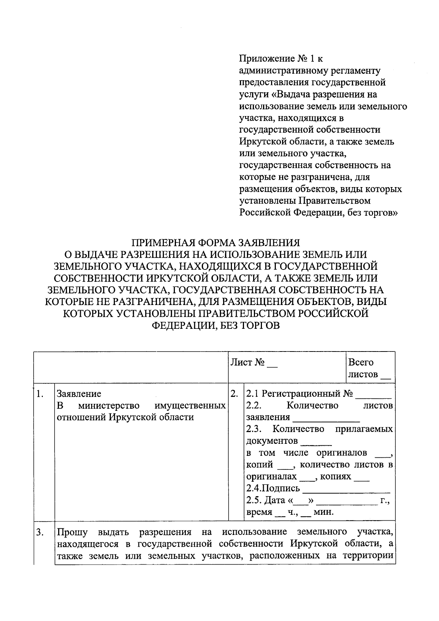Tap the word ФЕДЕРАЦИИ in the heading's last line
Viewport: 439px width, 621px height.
pos(181,325)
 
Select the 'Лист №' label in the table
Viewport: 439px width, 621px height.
pos(247,362)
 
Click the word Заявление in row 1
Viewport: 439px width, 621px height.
pos(79,394)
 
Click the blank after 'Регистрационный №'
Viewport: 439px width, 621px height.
pos(373,395)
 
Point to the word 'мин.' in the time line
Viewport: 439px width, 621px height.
pos(324,512)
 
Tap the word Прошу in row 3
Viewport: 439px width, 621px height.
pos(70,532)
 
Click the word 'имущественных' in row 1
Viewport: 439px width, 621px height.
pos(190,406)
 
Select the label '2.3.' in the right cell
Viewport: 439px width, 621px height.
pos(254,429)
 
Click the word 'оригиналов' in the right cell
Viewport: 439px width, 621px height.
pos(341,453)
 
